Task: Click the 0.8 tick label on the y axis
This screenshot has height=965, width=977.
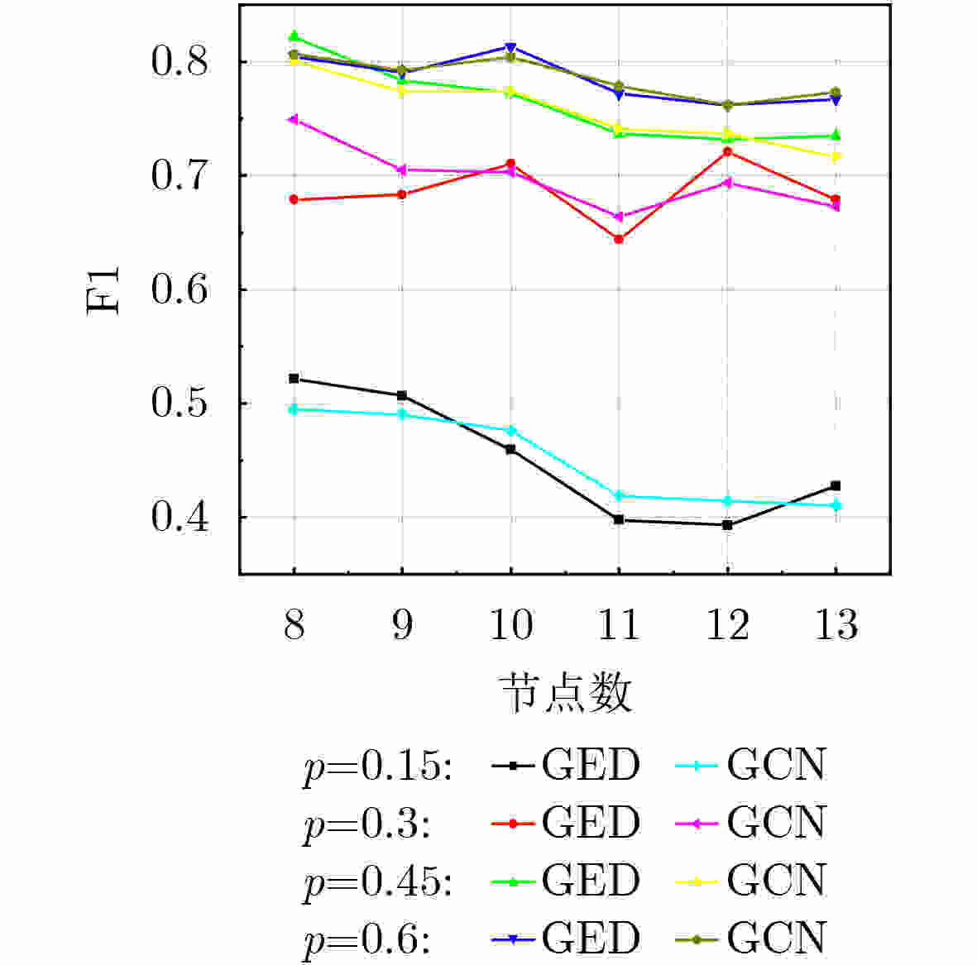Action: [x=179, y=62]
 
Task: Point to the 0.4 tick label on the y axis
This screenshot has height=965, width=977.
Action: [x=179, y=518]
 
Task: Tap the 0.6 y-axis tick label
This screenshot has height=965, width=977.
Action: [x=179, y=290]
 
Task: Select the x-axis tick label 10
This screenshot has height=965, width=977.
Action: [x=510, y=624]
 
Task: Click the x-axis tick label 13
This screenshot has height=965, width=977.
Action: [x=836, y=624]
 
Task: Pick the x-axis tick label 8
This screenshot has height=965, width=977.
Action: [x=294, y=624]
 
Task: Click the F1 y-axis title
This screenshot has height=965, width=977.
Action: [x=104, y=290]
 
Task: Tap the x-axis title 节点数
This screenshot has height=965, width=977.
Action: [x=566, y=693]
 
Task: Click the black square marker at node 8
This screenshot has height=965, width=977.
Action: [x=294, y=379]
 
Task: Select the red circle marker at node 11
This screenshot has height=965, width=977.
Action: [x=619, y=239]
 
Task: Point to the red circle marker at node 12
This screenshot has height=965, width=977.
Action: [x=727, y=151]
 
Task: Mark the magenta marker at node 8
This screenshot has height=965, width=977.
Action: [x=294, y=120]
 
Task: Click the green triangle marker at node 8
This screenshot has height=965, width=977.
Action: [x=294, y=36]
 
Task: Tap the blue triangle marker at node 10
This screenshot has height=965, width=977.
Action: [x=510, y=47]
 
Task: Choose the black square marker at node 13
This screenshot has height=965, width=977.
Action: [x=836, y=485]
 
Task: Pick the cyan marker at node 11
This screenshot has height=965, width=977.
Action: [x=619, y=496]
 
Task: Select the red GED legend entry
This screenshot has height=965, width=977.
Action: [x=566, y=824]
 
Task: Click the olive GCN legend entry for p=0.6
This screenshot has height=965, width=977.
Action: [x=751, y=939]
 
